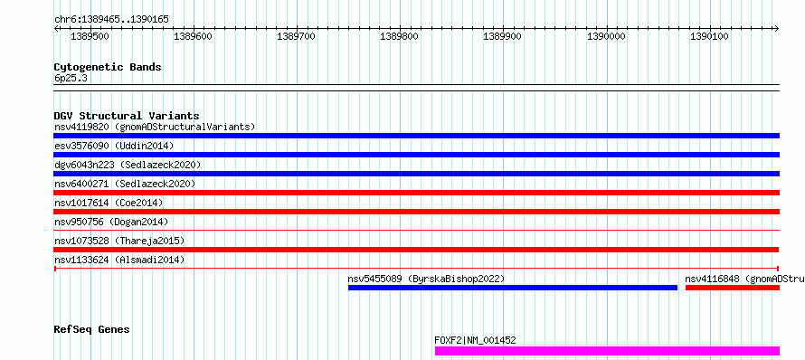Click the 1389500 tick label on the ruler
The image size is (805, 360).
[x=90, y=36]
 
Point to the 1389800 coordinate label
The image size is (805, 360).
[x=399, y=36]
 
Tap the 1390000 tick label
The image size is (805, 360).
[x=606, y=36]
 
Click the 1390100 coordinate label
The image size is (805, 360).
[x=709, y=36]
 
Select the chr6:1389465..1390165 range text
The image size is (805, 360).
[x=111, y=20]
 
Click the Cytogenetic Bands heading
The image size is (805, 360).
[x=108, y=67]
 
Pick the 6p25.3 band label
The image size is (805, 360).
[x=70, y=79]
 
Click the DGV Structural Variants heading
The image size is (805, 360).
[x=127, y=116]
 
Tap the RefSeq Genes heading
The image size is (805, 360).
[x=91, y=329]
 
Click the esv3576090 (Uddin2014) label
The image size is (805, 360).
[x=114, y=146]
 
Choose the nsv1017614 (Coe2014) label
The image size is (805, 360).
[x=109, y=203]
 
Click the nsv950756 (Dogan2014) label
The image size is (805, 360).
[x=111, y=222]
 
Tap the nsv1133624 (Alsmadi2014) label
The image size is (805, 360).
[x=119, y=260]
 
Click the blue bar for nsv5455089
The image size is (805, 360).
[x=513, y=288]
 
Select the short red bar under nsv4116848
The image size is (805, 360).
[x=733, y=288]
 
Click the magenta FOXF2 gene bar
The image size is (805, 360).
[x=607, y=351]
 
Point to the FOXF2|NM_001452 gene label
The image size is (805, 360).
[x=476, y=340]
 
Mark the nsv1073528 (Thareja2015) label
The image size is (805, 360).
[x=119, y=241]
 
